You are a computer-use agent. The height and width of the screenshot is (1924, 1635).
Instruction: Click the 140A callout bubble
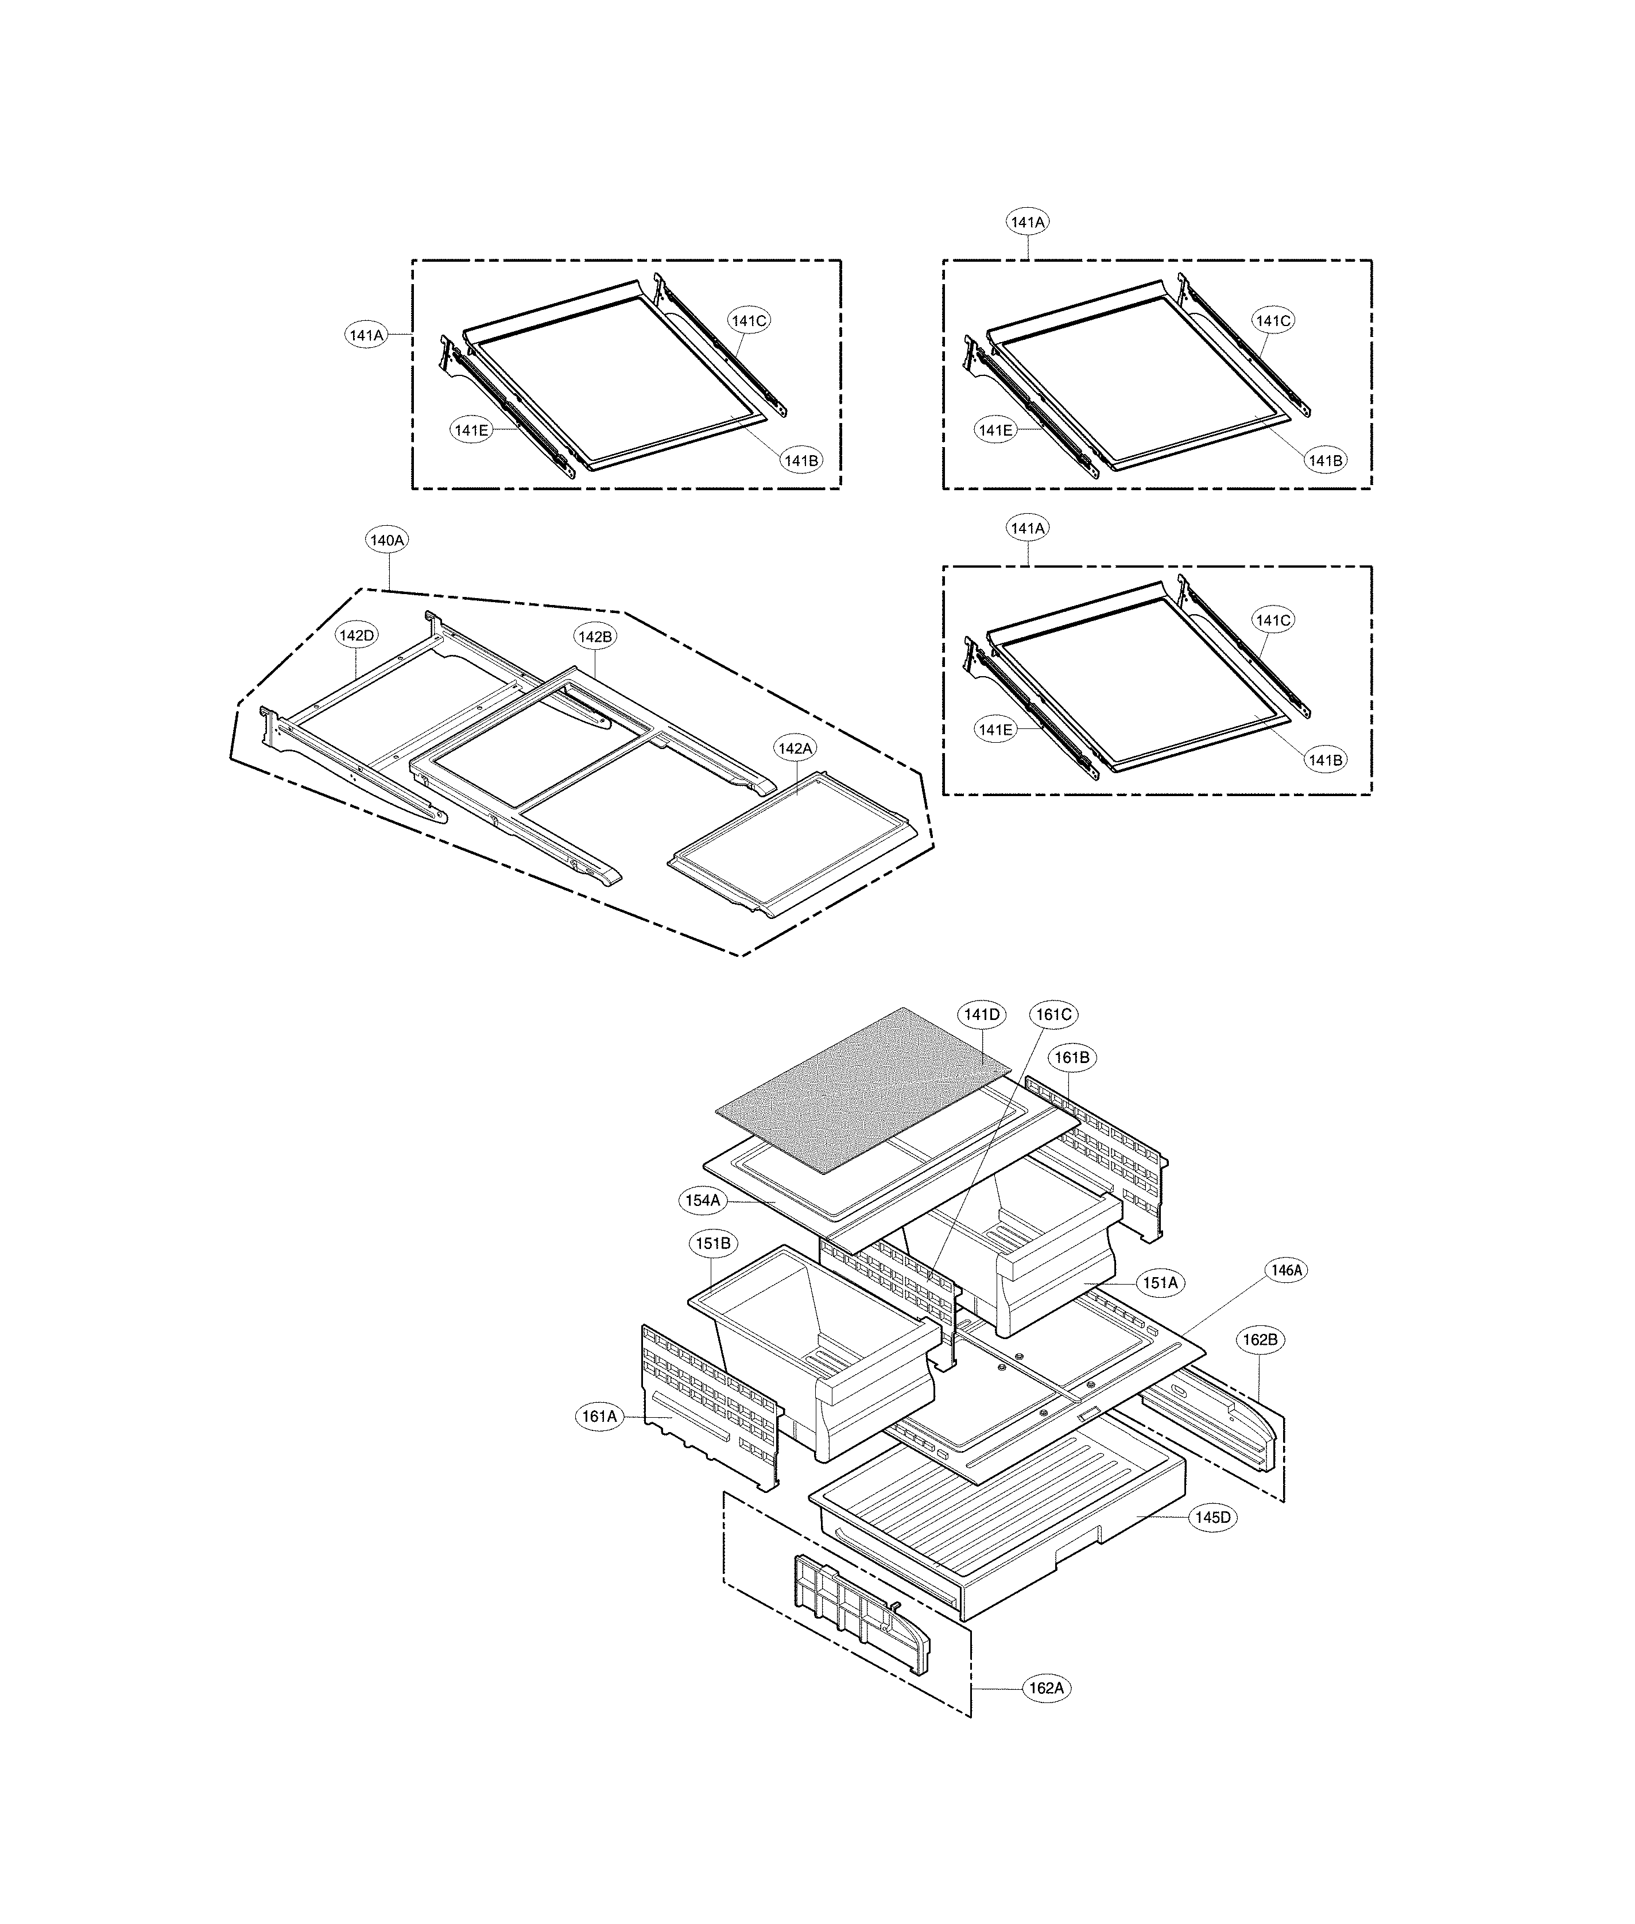click(388, 540)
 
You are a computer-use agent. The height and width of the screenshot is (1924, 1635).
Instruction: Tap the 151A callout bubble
click(1160, 1283)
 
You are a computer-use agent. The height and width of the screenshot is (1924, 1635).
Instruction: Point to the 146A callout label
click(1287, 1271)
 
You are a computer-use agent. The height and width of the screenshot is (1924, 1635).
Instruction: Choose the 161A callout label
click(599, 1416)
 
